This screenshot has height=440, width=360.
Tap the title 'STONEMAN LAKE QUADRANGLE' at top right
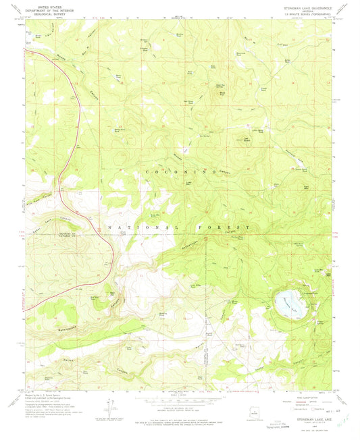pyautogui.click(x=299, y=7)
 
